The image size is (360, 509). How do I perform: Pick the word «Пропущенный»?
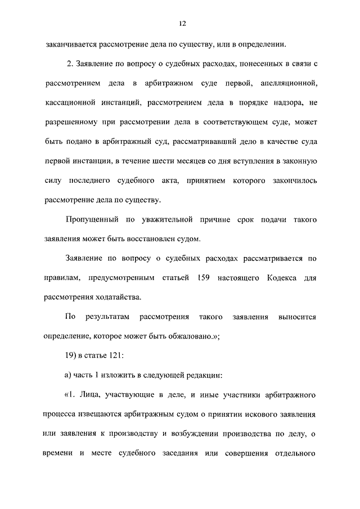[x=92, y=220]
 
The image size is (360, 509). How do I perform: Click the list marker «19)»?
[x=73, y=355]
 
